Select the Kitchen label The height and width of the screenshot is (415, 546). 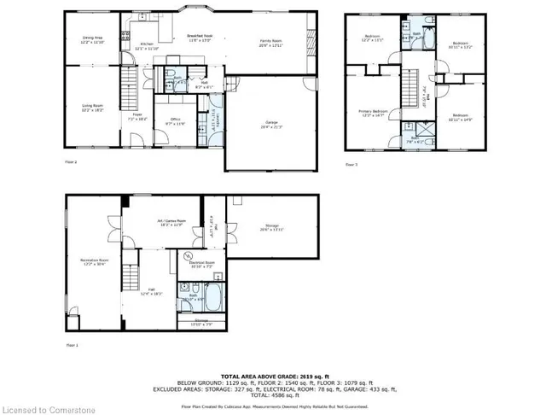pyautogui.click(x=146, y=45)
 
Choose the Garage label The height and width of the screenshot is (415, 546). pyautogui.click(x=271, y=126)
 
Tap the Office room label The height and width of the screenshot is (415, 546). pyautogui.click(x=175, y=120)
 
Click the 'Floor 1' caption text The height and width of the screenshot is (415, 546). pyautogui.click(x=72, y=345)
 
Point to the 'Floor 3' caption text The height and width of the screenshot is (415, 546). pyautogui.click(x=351, y=164)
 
